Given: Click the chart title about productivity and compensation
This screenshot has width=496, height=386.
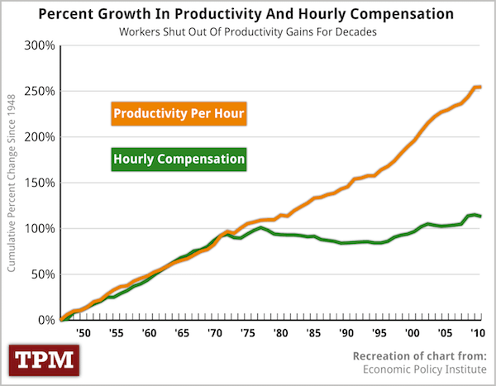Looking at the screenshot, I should point(247,15).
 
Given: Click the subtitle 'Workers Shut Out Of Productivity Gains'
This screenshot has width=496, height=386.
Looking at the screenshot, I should point(247,31).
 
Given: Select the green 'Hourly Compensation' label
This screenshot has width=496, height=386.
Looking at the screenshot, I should point(178,158).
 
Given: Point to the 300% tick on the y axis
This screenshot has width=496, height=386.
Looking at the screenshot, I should point(40,45).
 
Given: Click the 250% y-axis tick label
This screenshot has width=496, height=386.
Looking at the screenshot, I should point(40,91).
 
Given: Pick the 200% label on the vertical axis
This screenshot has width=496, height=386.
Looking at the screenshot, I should point(40,136).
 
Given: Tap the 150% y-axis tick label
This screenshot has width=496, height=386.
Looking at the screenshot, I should point(40,182).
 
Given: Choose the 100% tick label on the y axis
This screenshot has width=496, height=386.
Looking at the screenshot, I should point(40,228).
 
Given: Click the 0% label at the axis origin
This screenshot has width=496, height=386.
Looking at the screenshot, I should point(46,319).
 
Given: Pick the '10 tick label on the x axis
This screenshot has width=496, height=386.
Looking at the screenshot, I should point(478,334).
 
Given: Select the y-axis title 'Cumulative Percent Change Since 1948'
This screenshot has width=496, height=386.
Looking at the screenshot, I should point(12,183).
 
